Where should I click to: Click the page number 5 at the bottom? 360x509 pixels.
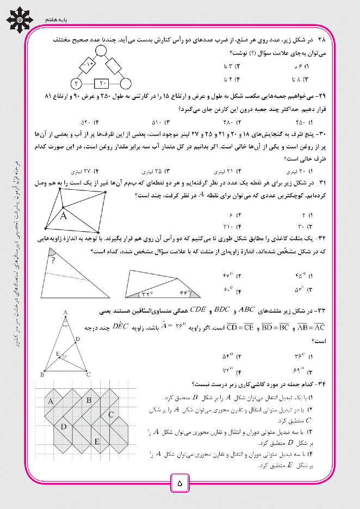click(179, 482)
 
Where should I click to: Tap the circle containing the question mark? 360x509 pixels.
click(77, 83)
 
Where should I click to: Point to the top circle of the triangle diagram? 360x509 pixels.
click(101, 51)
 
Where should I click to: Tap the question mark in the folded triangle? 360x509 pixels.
click(54, 260)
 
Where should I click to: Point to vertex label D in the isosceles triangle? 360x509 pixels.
click(77, 338)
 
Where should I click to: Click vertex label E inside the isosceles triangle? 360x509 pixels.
click(58, 353)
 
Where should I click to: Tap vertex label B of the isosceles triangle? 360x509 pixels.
click(42, 375)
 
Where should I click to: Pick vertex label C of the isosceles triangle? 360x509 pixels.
click(89, 375)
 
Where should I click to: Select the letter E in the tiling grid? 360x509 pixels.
click(97, 441)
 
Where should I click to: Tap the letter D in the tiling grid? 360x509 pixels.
click(64, 427)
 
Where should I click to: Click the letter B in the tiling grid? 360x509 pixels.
click(89, 401)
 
